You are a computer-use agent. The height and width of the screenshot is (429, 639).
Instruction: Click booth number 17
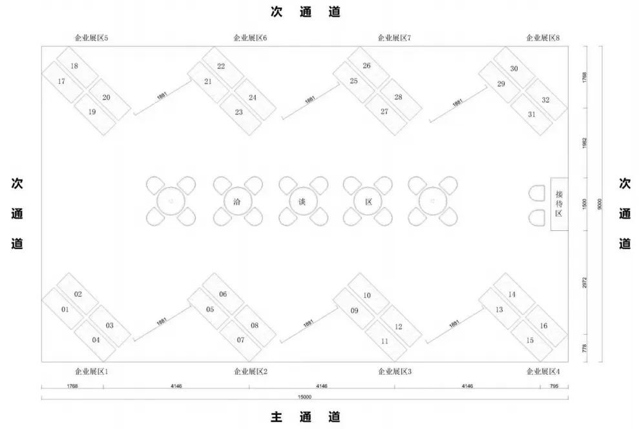click(x=61, y=81)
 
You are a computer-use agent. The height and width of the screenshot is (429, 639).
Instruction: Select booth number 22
click(x=221, y=66)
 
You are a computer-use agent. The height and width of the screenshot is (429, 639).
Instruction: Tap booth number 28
click(x=398, y=97)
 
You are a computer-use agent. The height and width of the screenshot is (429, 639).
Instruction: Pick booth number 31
click(x=532, y=114)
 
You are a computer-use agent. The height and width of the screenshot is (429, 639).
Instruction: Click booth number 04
click(x=96, y=339)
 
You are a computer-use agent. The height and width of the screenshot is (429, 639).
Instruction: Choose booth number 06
click(x=223, y=294)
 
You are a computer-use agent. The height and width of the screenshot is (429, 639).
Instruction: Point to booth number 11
click(x=384, y=340)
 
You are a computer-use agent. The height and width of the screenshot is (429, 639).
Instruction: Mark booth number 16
click(x=543, y=325)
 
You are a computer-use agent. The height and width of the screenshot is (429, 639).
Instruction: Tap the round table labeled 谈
click(x=302, y=201)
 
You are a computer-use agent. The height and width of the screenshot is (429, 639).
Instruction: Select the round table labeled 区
click(x=369, y=201)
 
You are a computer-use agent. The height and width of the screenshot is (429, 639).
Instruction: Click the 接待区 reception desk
click(x=559, y=203)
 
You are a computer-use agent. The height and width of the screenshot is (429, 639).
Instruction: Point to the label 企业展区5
click(x=91, y=38)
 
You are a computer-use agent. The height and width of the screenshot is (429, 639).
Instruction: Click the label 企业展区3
click(x=394, y=371)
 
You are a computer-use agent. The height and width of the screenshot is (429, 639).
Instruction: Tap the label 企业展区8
click(x=543, y=38)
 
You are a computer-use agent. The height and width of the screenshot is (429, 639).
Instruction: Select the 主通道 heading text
click(x=305, y=417)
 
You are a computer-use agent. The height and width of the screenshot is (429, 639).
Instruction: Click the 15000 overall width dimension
click(x=305, y=397)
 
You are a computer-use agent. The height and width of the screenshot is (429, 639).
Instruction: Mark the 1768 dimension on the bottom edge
click(x=72, y=386)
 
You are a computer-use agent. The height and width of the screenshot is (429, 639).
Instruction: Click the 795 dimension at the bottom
click(x=554, y=386)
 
